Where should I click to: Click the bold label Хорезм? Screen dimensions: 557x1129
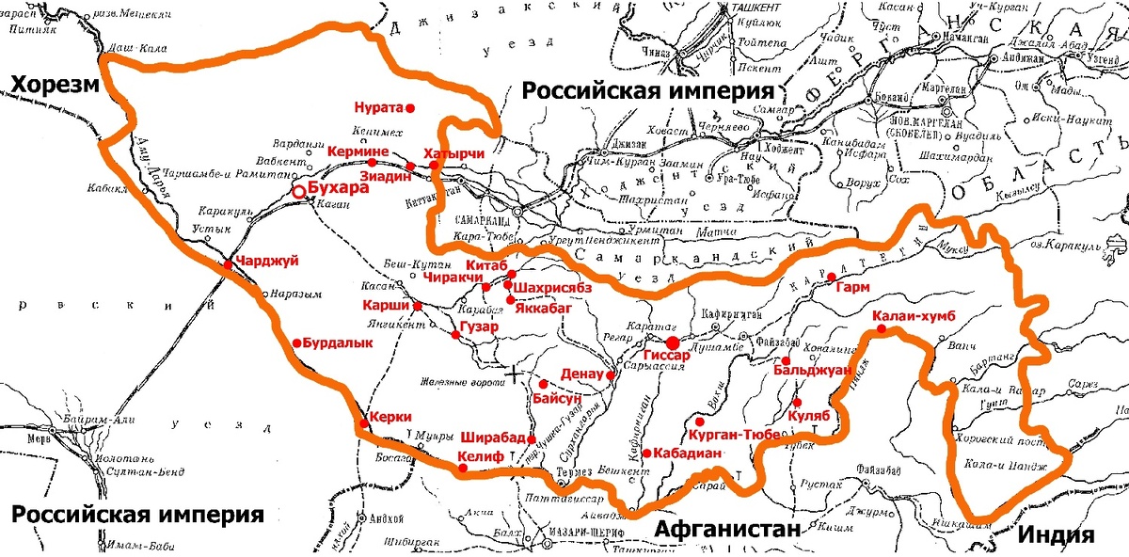point(55,87)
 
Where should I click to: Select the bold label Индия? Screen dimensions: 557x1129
point(1057,535)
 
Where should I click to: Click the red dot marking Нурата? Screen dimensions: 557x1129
point(409,106)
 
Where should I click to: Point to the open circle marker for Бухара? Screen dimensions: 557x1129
point(299,191)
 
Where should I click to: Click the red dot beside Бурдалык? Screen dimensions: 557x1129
point(296,343)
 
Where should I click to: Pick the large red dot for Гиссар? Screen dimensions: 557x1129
point(674,342)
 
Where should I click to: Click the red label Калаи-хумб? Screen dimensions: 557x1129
point(913,315)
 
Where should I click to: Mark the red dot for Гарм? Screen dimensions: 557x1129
point(832,277)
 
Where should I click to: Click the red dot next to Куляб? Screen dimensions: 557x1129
point(797,402)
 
